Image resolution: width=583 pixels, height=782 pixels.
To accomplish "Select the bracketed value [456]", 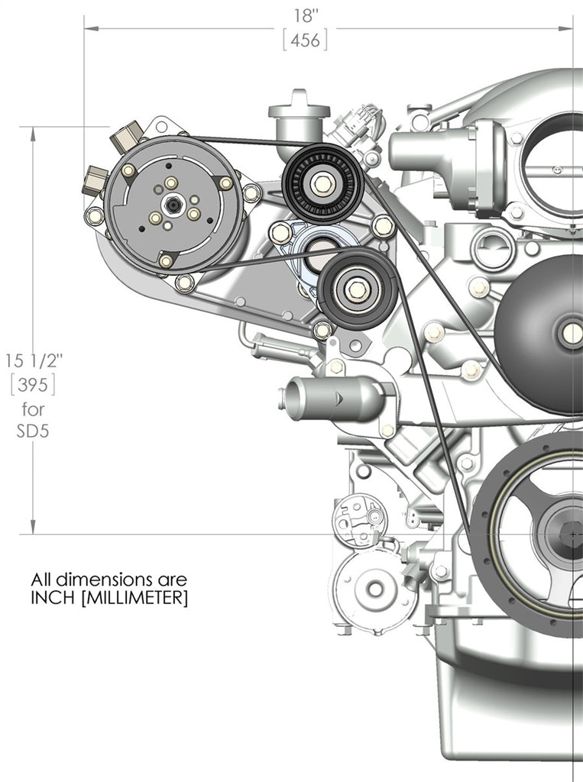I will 305,40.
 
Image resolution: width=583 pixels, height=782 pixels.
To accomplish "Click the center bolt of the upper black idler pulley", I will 322,183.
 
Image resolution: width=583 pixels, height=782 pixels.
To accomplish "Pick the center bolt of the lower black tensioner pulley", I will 356,289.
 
